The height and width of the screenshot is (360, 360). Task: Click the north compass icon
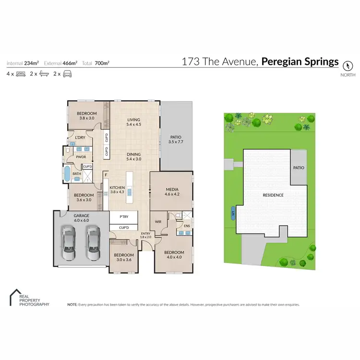click(x=348, y=63)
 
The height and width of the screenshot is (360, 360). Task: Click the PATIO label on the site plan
click(x=299, y=168)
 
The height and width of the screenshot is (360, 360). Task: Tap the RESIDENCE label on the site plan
click(x=273, y=195)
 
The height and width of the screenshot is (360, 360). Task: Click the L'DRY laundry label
click(x=80, y=138)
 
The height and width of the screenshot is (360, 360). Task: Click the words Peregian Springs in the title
click(x=300, y=62)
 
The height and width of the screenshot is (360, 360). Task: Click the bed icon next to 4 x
click(x=21, y=74)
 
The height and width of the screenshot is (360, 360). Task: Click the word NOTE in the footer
click(x=72, y=304)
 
